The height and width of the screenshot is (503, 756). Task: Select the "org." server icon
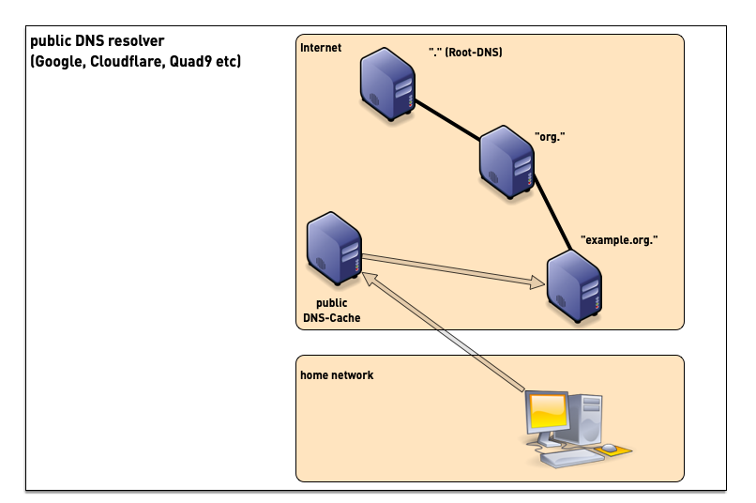tap(507, 163)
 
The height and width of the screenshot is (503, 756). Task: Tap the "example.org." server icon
tap(574, 282)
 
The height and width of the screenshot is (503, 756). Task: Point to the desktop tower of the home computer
tap(590, 418)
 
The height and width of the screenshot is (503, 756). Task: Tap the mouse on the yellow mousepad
tap(610, 448)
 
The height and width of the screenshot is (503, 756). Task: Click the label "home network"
tap(337, 375)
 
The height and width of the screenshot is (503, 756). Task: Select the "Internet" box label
tap(321, 48)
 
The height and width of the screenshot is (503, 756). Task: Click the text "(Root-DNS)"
tap(474, 53)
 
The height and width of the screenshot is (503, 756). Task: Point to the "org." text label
tap(549, 137)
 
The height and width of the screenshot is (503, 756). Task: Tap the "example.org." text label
tap(619, 240)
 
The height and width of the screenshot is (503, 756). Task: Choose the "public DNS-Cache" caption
tap(332, 311)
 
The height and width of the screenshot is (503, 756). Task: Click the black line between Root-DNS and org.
tap(447, 120)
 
